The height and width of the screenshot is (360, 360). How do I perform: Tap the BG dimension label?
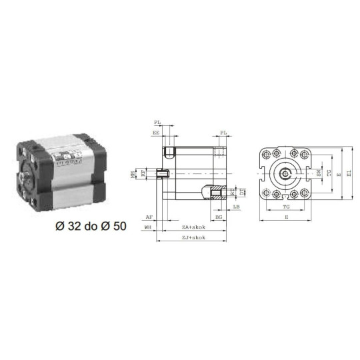tap(219, 217)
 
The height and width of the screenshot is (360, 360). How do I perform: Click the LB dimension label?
tap(237, 208)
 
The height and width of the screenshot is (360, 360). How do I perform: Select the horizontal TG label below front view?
tap(287, 207)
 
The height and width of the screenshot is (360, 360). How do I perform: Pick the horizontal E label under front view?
tap(287, 217)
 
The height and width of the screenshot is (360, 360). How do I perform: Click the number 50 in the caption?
tap(118, 226)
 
